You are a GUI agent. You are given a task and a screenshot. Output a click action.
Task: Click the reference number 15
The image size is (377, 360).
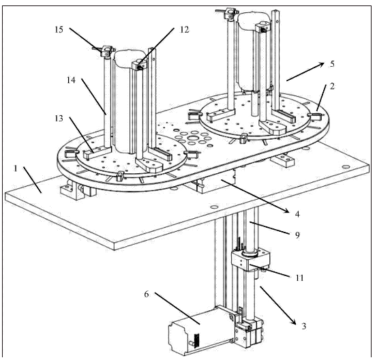(59, 30)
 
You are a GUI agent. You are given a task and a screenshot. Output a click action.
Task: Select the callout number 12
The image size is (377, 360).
(185, 30)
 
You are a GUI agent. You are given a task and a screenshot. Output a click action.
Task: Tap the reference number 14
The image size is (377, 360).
(71, 80)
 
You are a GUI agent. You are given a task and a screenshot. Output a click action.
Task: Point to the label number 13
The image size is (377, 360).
(59, 119)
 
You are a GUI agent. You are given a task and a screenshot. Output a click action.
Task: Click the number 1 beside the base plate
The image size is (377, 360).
(16, 168)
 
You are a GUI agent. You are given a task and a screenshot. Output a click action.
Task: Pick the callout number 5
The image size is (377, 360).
(332, 64)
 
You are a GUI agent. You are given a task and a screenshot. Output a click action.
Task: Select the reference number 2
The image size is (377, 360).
(332, 86)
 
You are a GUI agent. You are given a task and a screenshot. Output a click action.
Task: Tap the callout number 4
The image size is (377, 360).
(297, 214)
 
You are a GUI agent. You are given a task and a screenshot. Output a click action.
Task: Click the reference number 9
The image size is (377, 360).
(297, 235)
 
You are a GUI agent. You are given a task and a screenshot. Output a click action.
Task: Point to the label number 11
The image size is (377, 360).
(299, 278)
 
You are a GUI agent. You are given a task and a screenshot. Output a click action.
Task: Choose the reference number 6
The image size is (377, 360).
(147, 294)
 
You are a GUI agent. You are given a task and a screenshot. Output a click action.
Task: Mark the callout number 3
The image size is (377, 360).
(304, 326)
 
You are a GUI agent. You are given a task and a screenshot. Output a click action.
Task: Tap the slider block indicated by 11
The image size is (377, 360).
(250, 261)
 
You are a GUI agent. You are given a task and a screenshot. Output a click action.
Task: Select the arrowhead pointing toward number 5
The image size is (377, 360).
(322, 65)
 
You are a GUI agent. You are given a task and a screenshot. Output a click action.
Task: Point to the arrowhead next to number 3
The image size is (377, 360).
(293, 322)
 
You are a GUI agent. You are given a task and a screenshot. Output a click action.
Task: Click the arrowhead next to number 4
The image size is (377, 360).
(286, 210)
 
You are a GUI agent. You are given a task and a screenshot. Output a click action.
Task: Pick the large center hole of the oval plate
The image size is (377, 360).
(193, 138)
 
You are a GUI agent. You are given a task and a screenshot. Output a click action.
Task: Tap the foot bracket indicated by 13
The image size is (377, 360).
(97, 153)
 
